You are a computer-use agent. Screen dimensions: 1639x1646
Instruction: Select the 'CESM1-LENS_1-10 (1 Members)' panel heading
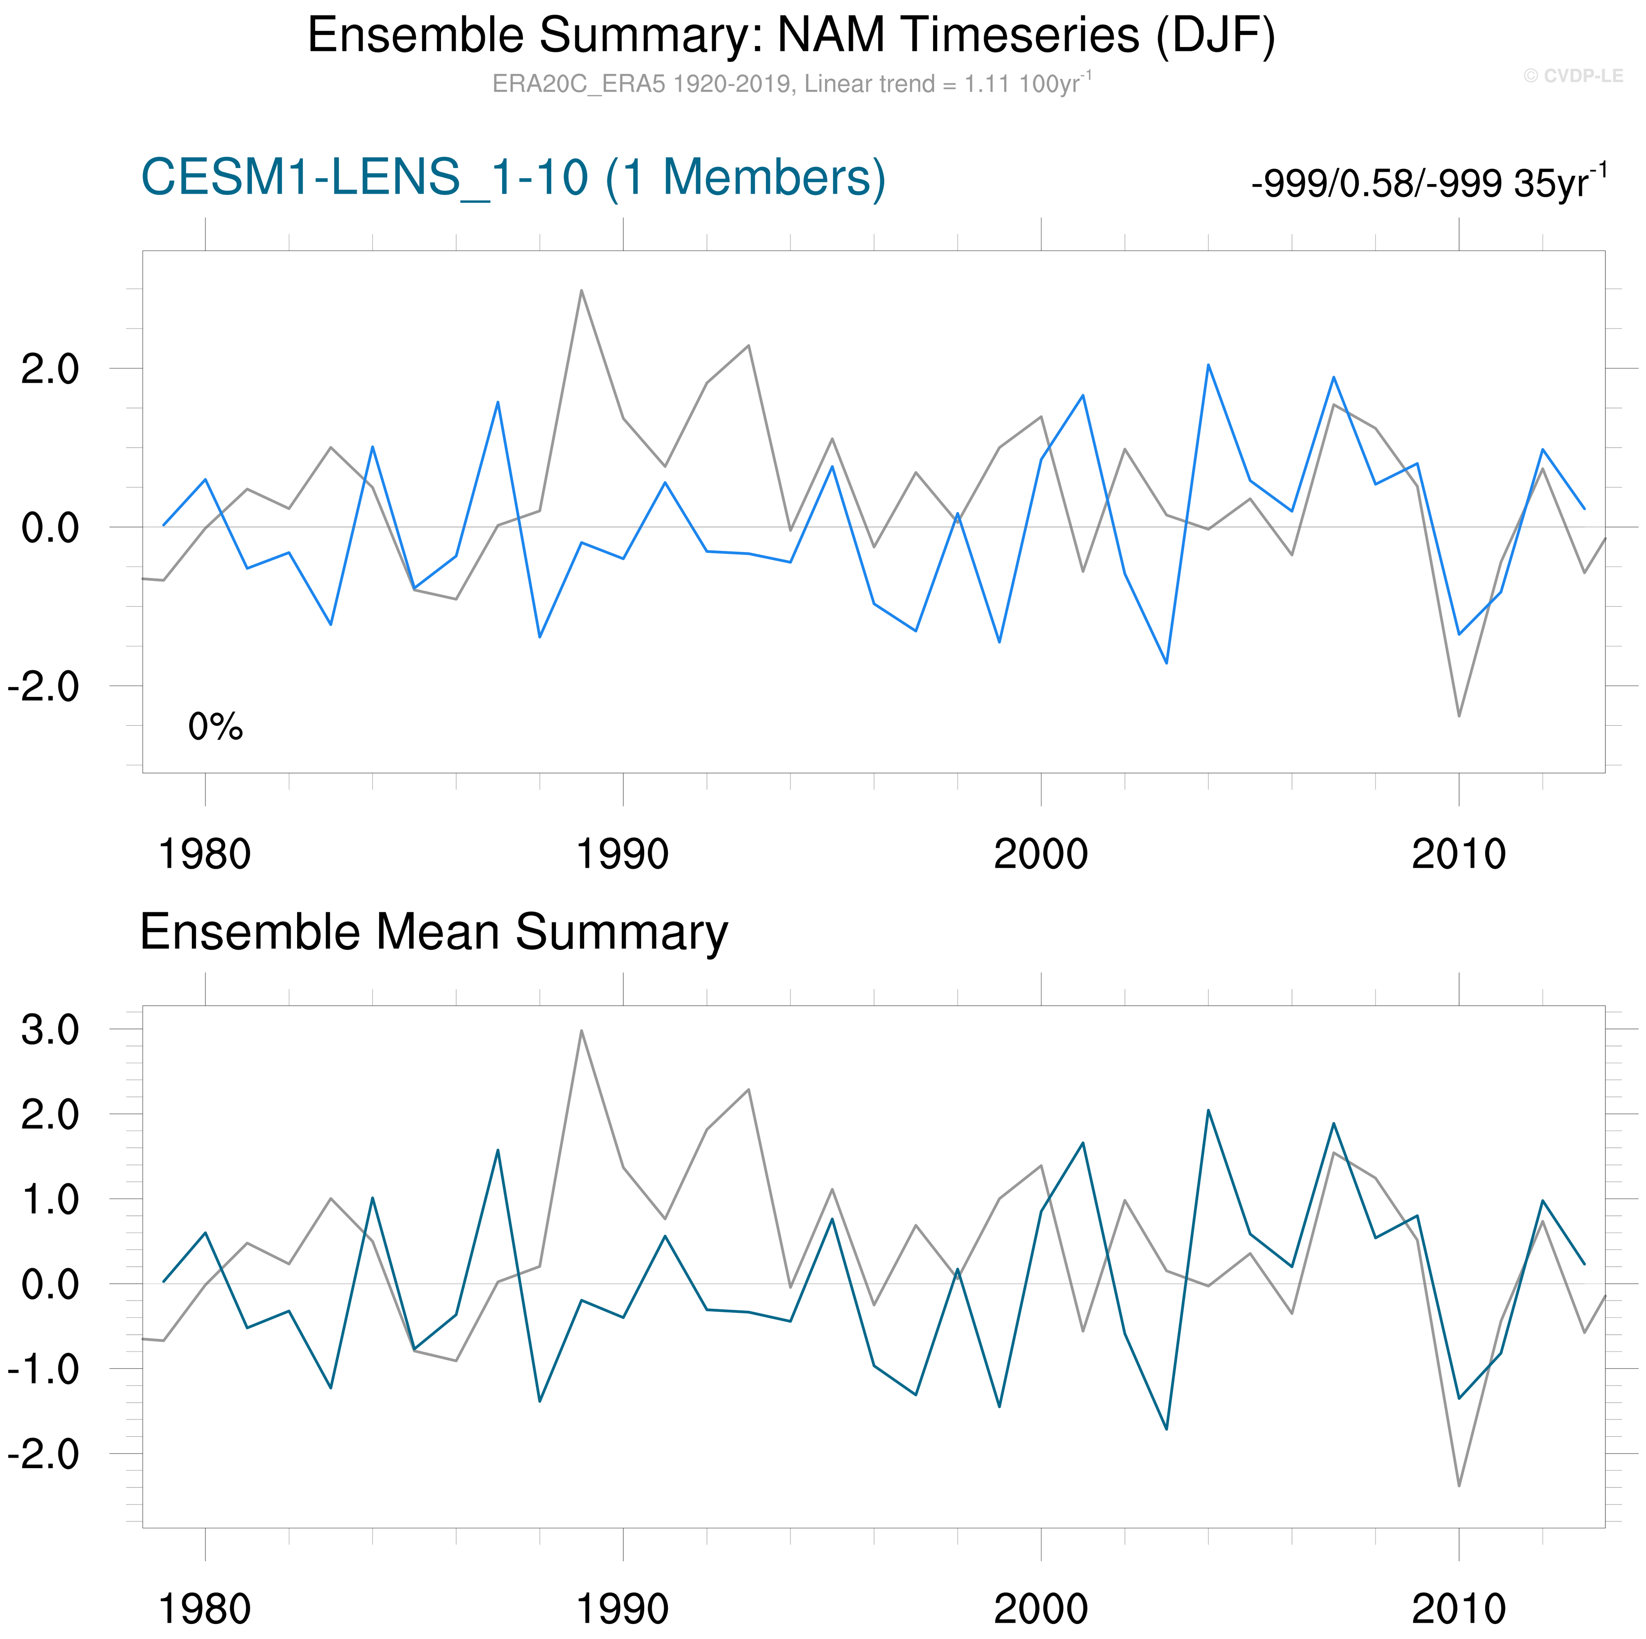pyautogui.click(x=513, y=178)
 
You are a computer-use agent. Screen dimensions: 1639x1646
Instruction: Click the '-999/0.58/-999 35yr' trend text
pyautogui.click(x=1428, y=182)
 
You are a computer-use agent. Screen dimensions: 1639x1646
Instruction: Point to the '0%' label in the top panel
pyautogui.click(x=215, y=727)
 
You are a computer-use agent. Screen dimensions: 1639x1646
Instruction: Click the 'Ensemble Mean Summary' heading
pyautogui.click(x=434, y=932)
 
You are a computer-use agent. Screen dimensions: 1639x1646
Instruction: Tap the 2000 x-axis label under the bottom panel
pyautogui.click(x=1040, y=1609)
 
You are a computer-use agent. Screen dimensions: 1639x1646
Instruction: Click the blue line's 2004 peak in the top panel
pyautogui.click(x=1208, y=365)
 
